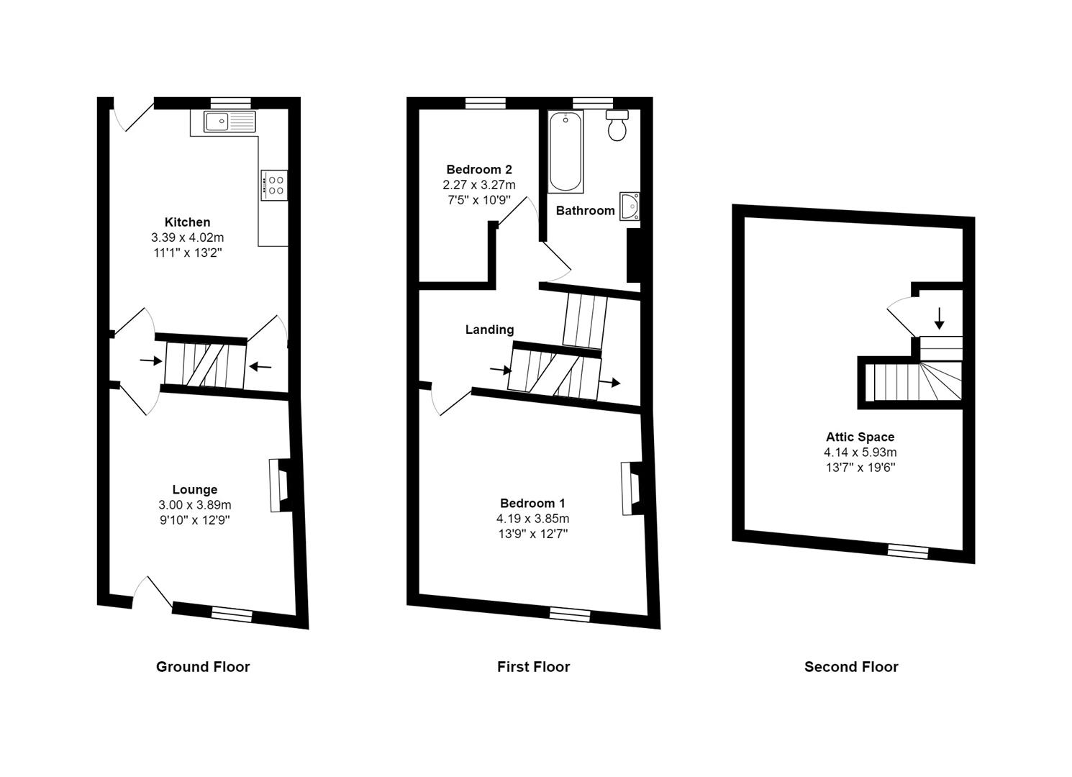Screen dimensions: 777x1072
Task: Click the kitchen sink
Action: click(x=230, y=122)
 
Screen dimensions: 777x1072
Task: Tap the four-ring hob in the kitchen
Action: click(x=274, y=184)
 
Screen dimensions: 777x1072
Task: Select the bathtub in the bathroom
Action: click(x=565, y=152)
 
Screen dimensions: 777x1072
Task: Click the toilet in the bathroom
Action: click(x=617, y=127)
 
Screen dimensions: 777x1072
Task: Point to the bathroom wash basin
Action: click(x=631, y=206)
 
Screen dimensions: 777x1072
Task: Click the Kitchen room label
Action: click(x=187, y=222)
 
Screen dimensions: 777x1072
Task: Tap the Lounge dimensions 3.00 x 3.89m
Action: click(x=195, y=505)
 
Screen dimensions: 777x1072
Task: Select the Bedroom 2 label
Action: click(x=479, y=170)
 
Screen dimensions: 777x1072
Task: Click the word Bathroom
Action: click(x=585, y=211)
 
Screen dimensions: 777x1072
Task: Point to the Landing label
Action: click(x=489, y=330)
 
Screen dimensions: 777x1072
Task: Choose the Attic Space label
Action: click(x=860, y=437)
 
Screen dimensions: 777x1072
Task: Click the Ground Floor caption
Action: click(x=203, y=667)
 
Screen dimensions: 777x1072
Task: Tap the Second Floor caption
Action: click(x=851, y=667)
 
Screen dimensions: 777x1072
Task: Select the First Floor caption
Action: click(x=533, y=667)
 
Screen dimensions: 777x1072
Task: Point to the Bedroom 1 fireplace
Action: click(x=630, y=489)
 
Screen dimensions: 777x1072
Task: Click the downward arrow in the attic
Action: click(x=939, y=317)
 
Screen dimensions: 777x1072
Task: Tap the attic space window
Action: click(x=907, y=551)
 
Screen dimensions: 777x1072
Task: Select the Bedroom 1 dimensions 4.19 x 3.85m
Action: click(x=533, y=519)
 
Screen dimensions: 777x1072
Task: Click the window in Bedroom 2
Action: click(x=485, y=103)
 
